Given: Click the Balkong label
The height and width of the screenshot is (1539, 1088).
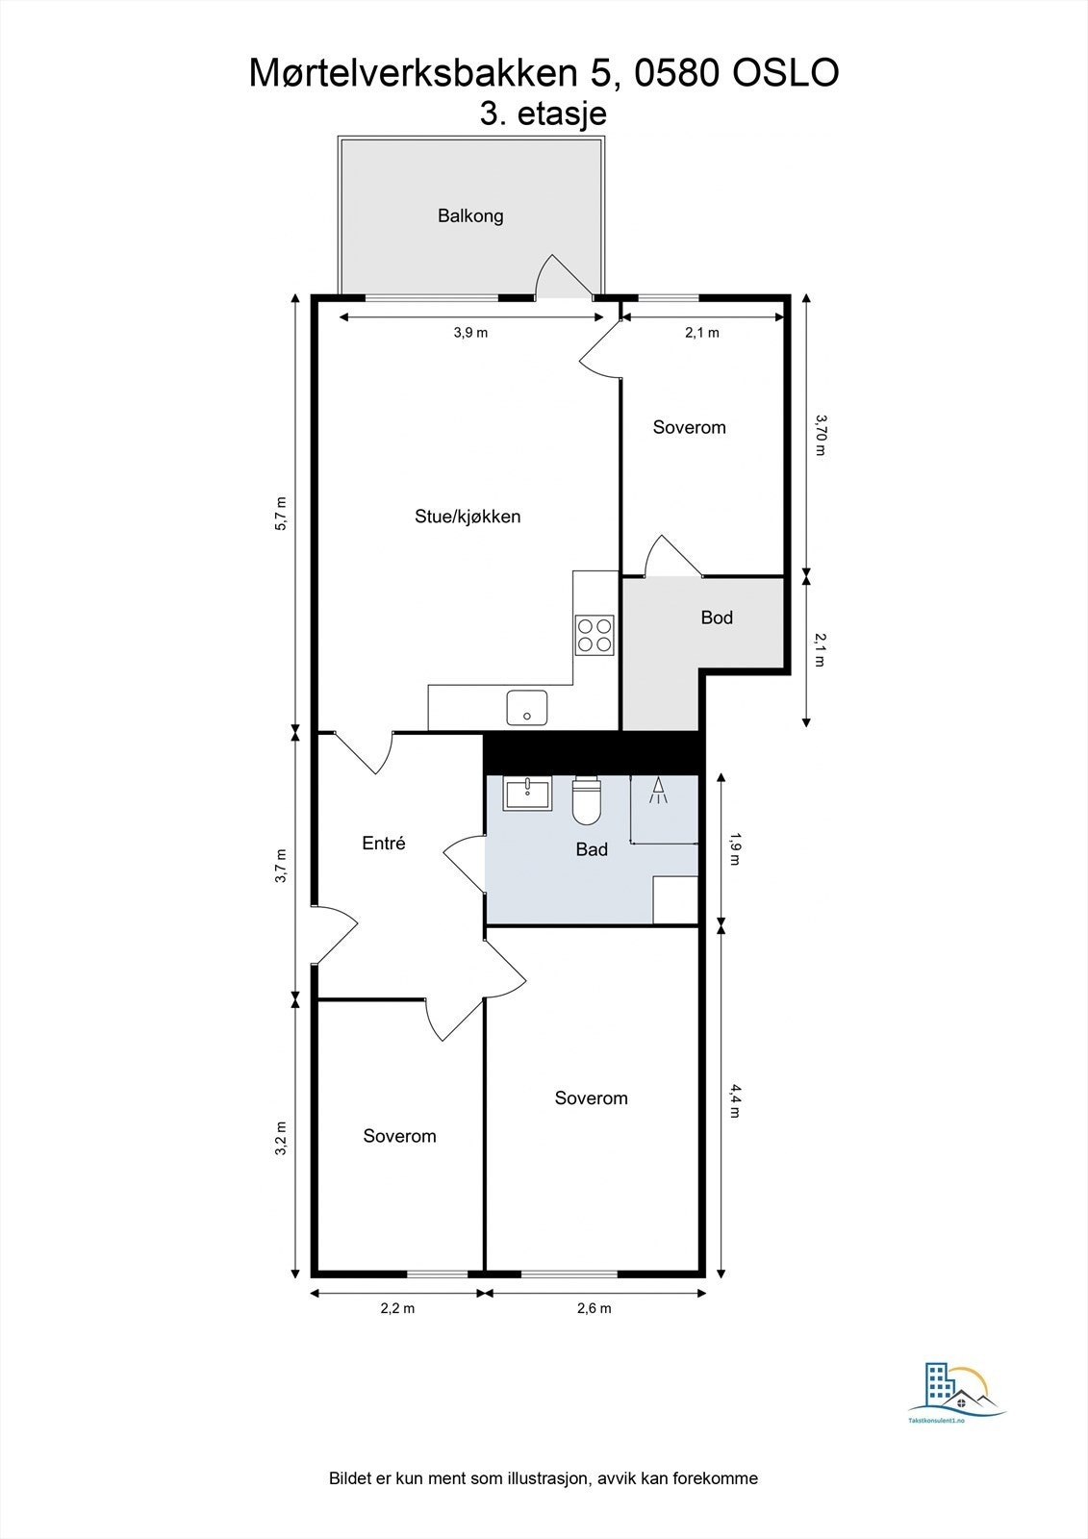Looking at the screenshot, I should coord(470,215).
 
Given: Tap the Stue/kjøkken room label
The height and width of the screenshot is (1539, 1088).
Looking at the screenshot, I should coord(468,517).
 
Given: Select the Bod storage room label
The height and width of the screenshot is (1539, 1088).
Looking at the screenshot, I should coord(717,618).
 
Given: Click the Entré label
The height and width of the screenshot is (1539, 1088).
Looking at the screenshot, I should coord(384,844).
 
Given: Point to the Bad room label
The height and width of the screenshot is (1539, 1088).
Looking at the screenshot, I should coord(592,849).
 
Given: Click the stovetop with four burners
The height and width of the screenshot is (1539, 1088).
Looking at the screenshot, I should coord(595,635).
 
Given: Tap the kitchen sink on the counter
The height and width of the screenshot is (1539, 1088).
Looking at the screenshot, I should coord(527,708).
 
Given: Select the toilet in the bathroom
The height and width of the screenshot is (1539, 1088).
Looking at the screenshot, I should coord(587,800).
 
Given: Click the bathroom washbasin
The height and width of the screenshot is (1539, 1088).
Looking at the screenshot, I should coord(527,794).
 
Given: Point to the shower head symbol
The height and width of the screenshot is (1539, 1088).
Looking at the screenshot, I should coord(659,791).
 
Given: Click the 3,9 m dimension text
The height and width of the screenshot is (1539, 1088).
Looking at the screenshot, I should coord(470,333).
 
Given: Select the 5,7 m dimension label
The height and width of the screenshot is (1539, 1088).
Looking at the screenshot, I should coord(281,513).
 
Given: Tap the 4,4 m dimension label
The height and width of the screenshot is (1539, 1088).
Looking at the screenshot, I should coord(736,1100).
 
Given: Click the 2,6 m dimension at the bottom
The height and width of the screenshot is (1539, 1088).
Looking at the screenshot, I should coord(594,1308).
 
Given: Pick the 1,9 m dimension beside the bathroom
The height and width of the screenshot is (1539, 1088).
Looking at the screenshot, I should coord(736,847).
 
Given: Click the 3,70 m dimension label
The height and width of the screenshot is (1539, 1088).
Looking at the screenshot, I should coord(821,434).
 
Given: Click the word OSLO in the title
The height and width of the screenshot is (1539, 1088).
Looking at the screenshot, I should coord(786,74).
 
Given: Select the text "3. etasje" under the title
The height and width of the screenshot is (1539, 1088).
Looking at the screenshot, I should coord(544,114).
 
